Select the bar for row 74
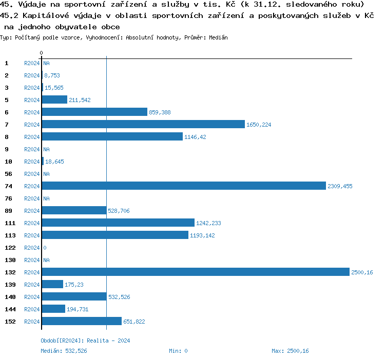click(184, 186)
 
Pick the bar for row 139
click(52, 285)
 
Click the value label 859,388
click(160, 112)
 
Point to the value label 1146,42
click(195, 137)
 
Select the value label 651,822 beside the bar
click(134, 322)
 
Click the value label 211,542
click(80, 100)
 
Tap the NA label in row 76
click(46, 198)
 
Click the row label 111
click(10, 223)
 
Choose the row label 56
click(8, 174)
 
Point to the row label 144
click(10, 309)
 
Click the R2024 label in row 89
click(32, 211)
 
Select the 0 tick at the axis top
click(42, 53)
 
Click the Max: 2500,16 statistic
click(290, 351)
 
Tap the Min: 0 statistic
click(178, 351)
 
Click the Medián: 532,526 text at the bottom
click(64, 351)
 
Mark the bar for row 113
click(115, 235)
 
